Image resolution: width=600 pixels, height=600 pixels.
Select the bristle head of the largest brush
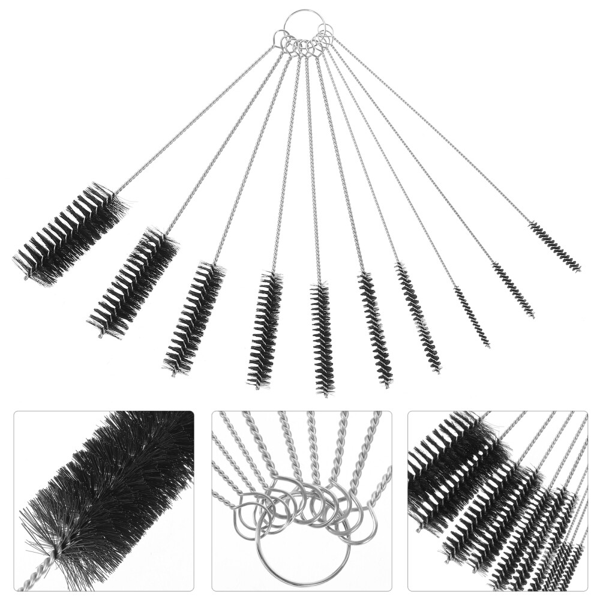(71, 233)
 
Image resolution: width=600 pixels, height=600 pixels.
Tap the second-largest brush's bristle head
(133, 283)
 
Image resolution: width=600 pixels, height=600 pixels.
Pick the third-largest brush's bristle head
(194, 318)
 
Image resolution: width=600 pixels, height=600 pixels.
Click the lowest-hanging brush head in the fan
(322, 339)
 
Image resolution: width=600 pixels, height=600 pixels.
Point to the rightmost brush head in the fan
(554, 247)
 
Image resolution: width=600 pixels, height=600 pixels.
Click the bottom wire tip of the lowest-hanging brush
(325, 395)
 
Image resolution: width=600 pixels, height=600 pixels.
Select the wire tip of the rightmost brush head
(579, 271)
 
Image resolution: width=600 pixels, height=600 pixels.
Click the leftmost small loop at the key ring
(277, 40)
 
